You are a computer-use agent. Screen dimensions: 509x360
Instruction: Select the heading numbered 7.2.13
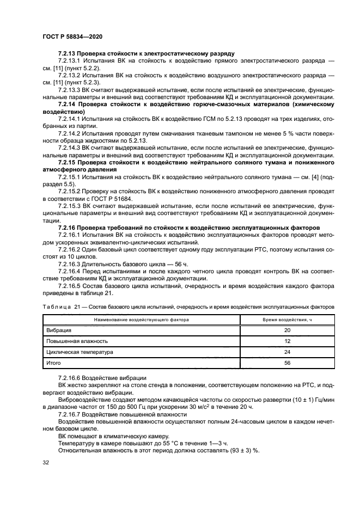(146, 54)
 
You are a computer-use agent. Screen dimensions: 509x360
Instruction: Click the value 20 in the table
(287, 330)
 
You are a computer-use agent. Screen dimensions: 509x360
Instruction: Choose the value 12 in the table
(287, 341)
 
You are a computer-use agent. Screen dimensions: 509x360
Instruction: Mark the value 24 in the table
(287, 352)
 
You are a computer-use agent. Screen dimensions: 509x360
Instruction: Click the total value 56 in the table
(287, 363)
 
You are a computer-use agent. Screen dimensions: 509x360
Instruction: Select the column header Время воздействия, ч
(287, 320)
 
